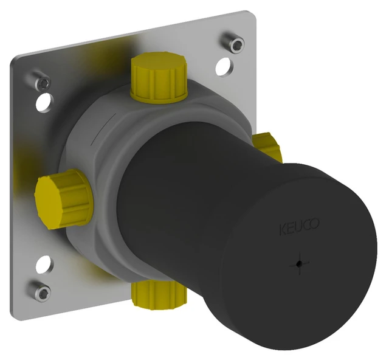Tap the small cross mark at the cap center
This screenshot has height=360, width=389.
coord(297,264)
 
